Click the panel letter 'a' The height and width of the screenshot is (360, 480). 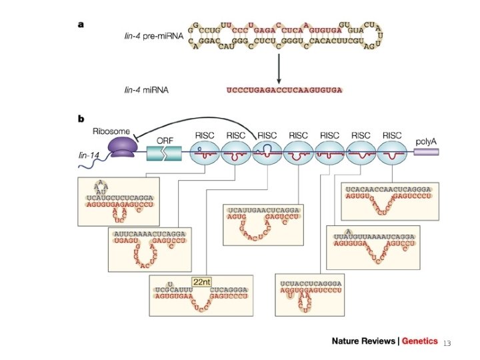pyautogui.click(x=81, y=24)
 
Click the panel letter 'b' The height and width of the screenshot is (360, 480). pyautogui.click(x=81, y=120)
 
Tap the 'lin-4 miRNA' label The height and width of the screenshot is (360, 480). pyautogui.click(x=145, y=89)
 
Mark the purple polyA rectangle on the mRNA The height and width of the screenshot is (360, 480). pyautogui.click(x=426, y=152)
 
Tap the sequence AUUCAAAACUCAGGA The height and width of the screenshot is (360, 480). pyautogui.click(x=150, y=235)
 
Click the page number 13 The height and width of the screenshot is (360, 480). pyautogui.click(x=447, y=343)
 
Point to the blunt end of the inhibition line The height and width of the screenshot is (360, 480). pyautogui.click(x=134, y=138)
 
